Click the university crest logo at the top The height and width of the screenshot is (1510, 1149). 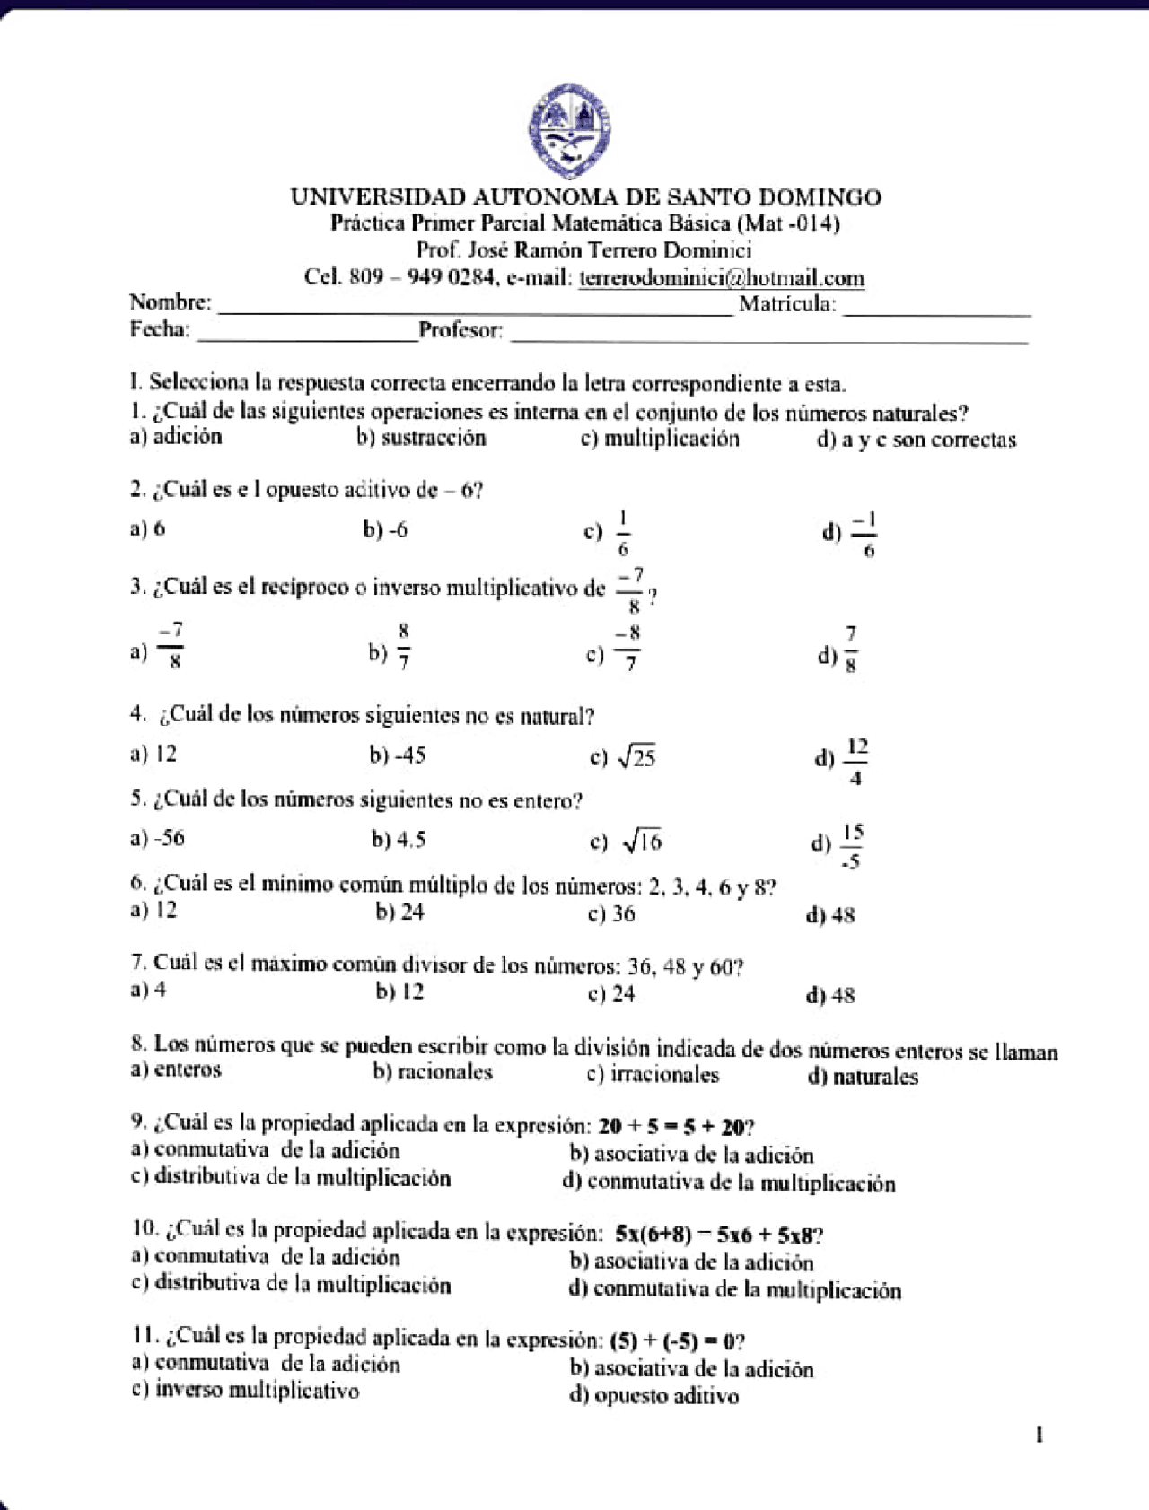[569, 131]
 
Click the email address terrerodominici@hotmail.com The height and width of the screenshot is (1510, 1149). [721, 278]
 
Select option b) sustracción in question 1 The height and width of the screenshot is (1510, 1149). [421, 438]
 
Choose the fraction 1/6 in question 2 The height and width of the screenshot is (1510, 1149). [622, 534]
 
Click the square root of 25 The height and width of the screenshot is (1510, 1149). [636, 758]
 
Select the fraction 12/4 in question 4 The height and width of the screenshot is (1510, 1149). [855, 762]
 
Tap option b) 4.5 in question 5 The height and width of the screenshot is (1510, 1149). [399, 841]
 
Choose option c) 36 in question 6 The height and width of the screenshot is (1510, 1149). [611, 914]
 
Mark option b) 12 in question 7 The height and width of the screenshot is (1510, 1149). [399, 992]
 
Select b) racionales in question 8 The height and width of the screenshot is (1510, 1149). [433, 1072]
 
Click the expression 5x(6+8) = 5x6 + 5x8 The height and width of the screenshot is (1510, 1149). [715, 1235]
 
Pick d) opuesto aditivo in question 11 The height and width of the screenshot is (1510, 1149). [653, 1396]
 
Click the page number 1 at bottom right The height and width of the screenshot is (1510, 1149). [1039, 1436]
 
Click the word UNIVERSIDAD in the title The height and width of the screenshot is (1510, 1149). [377, 197]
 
